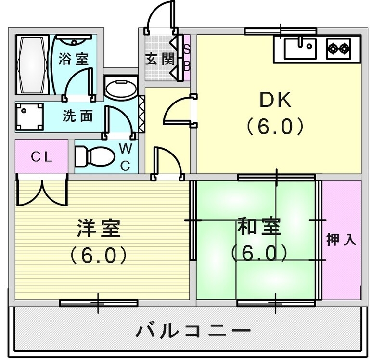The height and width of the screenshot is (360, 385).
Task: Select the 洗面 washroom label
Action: pyautogui.click(x=77, y=116)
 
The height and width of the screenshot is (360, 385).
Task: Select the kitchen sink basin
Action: pyautogui.click(x=299, y=49)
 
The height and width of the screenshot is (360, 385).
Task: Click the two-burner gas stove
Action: pyautogui.click(x=339, y=49)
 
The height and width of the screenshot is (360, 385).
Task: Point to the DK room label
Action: pyautogui.click(x=276, y=101)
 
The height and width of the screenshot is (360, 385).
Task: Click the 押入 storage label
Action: pyautogui.click(x=341, y=240)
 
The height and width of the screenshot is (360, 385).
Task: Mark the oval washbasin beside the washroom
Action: pyautogui.click(x=121, y=90)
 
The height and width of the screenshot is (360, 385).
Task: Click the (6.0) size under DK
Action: pyautogui.click(x=275, y=126)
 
